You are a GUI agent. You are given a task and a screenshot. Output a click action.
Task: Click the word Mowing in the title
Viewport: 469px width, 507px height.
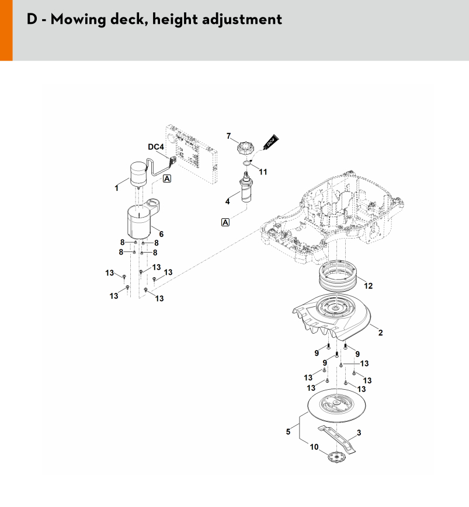coord(78,20)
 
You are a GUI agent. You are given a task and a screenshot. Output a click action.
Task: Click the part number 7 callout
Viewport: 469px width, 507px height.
coord(229,136)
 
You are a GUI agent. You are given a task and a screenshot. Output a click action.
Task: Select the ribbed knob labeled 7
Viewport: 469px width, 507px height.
coord(245,149)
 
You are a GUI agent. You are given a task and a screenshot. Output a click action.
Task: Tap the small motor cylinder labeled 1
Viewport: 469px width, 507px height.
coord(138,174)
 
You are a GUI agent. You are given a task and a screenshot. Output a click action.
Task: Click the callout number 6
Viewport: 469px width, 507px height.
coord(161,234)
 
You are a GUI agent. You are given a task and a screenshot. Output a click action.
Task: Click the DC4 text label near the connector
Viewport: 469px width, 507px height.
coord(156,147)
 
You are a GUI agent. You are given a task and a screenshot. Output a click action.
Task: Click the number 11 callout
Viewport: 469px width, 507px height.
coord(263,172)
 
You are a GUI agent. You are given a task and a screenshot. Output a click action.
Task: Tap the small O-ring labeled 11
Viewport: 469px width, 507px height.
coord(247,162)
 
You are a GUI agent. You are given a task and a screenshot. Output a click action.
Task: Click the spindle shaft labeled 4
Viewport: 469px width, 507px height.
coord(246,188)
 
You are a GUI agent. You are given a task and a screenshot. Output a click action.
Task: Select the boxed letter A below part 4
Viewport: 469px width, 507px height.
coord(225,222)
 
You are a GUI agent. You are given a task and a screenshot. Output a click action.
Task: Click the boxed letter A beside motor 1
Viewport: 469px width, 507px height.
coord(166,179)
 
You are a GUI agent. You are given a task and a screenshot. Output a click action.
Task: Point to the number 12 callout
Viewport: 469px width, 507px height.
coord(369,286)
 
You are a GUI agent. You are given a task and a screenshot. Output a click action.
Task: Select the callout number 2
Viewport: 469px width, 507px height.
coord(381,333)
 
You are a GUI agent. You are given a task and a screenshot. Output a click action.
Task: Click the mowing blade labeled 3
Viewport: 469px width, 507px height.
coord(336,439)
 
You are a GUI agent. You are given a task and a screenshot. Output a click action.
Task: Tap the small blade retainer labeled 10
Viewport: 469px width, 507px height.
coord(336,457)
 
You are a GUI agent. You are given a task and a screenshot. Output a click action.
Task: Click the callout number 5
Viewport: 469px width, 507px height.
coord(288,432)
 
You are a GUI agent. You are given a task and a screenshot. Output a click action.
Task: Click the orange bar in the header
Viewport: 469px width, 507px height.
coord(6,30)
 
